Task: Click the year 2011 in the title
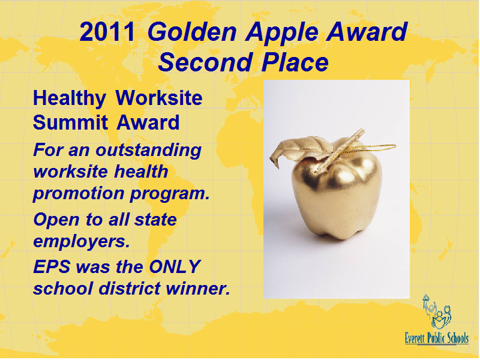coord(107,32)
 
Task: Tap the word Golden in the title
coord(192,32)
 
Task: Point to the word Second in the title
coord(205,62)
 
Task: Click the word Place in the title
coord(295,62)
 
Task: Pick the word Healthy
coord(70,98)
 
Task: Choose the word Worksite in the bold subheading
coord(159,98)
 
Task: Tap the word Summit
coord(70,122)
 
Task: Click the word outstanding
coord(148,151)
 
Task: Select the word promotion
coord(79,194)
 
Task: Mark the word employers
coord(82,242)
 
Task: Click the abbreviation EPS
coord(52,266)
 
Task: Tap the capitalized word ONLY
coord(175,266)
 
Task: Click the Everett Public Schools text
coord(437,338)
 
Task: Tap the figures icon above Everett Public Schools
coord(437,312)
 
